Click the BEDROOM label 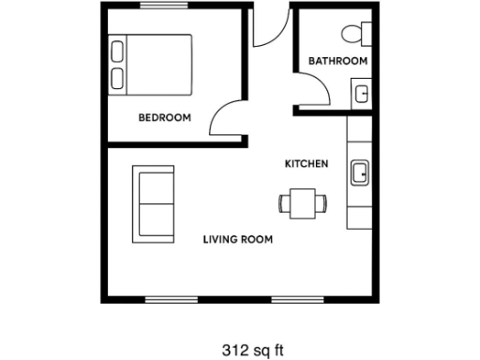pyautogui.click(x=165, y=118)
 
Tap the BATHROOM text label pyautogui.click(x=337, y=61)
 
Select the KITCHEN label pyautogui.click(x=307, y=164)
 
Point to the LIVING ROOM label pyautogui.click(x=238, y=240)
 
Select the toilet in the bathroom pyautogui.click(x=354, y=33)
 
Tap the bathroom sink pyautogui.click(x=360, y=92)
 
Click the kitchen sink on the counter pyautogui.click(x=359, y=172)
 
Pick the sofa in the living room pyautogui.click(x=153, y=202)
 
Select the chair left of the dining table pyautogui.click(x=284, y=202)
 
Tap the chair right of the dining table pyautogui.click(x=322, y=202)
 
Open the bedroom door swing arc pyautogui.click(x=225, y=117)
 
